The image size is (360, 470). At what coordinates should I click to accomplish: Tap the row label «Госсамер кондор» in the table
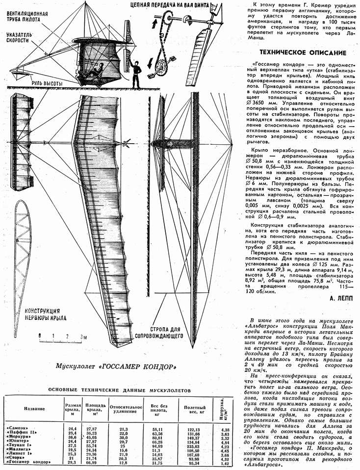click(28, 462)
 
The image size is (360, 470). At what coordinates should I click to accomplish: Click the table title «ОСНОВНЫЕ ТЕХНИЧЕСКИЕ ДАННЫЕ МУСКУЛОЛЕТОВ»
click(116, 390)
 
